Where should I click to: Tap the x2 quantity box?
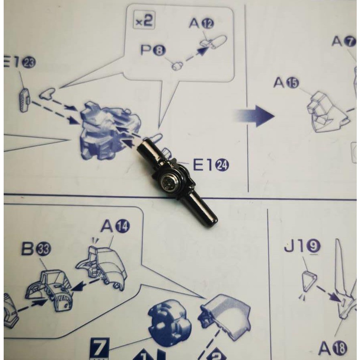click(144, 21)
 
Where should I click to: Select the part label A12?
click(201, 24)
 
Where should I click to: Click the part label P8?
click(152, 50)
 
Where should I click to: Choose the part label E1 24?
click(211, 165)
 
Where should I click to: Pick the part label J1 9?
click(302, 246)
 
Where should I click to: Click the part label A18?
click(332, 348)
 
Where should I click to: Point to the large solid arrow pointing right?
click(256, 116)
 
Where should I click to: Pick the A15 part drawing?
click(327, 112)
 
